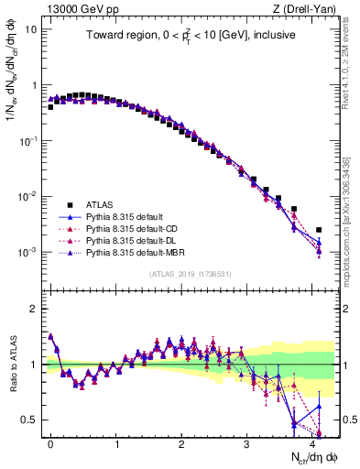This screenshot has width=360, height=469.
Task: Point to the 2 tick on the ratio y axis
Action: click(x=33, y=309)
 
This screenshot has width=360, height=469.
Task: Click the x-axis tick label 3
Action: click(x=246, y=442)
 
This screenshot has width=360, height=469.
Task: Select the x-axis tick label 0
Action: click(x=50, y=442)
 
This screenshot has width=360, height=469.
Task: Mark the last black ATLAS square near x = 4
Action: click(x=319, y=230)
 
